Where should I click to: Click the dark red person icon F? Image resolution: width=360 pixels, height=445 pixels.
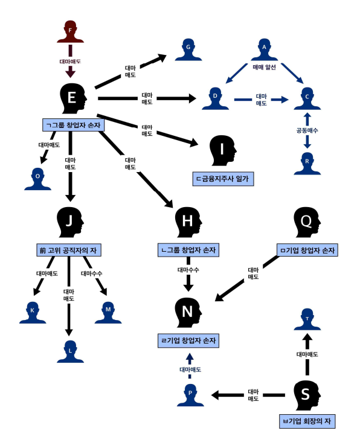[x=70, y=31]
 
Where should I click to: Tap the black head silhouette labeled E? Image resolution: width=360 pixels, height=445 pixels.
[x=73, y=98]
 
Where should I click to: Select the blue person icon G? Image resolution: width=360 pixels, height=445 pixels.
[x=188, y=50]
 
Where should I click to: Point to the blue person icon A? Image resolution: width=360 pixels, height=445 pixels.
[x=265, y=50]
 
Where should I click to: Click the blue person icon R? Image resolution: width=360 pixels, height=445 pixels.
[x=307, y=164]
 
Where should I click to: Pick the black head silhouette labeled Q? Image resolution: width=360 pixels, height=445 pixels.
[x=307, y=222]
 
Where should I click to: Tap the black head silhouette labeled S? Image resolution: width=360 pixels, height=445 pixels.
[x=307, y=395]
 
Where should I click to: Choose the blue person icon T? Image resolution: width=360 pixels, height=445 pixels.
[x=307, y=319]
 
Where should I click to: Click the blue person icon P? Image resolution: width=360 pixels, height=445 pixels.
[x=190, y=395]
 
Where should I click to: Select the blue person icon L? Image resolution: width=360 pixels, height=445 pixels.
[x=70, y=351]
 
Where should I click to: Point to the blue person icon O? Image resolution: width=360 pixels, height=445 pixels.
[x=38, y=179]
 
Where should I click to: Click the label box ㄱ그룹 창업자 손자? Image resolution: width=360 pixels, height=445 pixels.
[x=73, y=125]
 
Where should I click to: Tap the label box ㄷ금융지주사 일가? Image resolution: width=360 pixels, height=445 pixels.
[x=223, y=179]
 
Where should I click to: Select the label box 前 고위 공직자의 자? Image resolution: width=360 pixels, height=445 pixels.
[x=69, y=251]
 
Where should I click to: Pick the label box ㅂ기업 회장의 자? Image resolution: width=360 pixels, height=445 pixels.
[x=307, y=421]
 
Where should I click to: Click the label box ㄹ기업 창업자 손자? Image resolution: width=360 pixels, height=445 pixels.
[x=188, y=341]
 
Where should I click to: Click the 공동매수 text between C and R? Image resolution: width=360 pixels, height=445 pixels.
[x=307, y=130]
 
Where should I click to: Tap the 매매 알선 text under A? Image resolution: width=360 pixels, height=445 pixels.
[x=265, y=67]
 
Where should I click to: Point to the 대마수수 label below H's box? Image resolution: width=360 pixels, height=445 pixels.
[x=188, y=270]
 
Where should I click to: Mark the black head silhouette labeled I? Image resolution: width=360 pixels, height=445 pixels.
[x=223, y=150]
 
